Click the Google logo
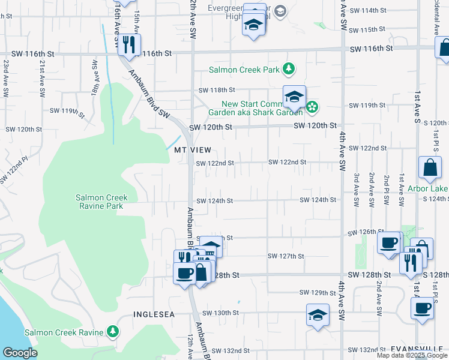point(19,353)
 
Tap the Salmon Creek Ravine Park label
point(100,202)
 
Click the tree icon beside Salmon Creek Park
point(289,69)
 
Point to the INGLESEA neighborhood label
point(154,314)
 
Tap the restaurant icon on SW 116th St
point(129,45)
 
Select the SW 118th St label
point(217,91)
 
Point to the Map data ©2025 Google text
point(411,355)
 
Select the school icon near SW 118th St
point(294,97)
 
